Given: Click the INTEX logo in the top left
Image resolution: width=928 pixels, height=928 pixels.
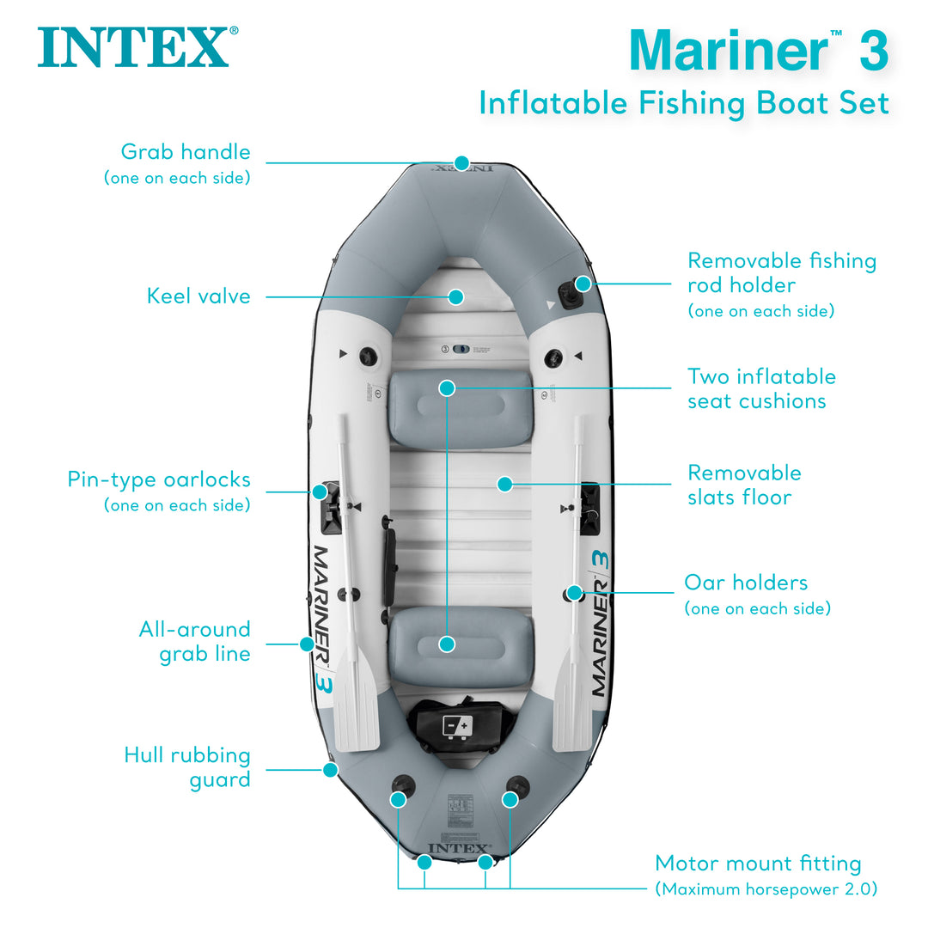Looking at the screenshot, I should (x=133, y=48).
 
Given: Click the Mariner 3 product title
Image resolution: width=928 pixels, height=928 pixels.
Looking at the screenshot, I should (x=758, y=50).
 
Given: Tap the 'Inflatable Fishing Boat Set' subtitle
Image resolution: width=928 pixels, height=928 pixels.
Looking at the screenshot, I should (x=683, y=103).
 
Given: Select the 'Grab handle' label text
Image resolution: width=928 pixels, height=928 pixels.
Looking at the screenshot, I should (x=186, y=152).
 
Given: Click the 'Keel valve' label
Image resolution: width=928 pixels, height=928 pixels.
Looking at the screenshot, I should (x=198, y=296).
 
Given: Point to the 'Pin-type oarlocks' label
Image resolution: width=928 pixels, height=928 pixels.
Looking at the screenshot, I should (x=159, y=479).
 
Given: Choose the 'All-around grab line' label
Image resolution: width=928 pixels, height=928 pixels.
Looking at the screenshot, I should (x=195, y=641).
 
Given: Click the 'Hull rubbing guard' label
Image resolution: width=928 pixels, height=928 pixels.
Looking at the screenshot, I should (x=187, y=767).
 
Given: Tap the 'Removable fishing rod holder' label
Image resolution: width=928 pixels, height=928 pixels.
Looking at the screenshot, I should (x=781, y=272).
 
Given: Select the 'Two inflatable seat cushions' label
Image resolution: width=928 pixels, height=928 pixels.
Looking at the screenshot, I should (x=760, y=388).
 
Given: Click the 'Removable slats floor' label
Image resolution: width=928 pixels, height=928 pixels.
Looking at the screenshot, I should (x=744, y=485).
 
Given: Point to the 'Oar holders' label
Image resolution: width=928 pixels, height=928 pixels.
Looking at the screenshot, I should (x=746, y=583).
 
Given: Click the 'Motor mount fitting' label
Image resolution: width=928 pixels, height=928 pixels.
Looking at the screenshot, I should (x=758, y=863).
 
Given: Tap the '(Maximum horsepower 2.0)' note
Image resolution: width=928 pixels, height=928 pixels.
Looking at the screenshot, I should (x=766, y=888).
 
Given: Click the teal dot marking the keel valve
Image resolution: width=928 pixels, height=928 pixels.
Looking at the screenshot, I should (x=456, y=296).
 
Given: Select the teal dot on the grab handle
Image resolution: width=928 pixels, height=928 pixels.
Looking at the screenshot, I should (x=462, y=162).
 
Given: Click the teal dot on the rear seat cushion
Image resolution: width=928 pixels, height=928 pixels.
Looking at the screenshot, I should (x=447, y=644).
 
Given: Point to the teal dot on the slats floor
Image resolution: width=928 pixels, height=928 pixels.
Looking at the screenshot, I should (x=505, y=485).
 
